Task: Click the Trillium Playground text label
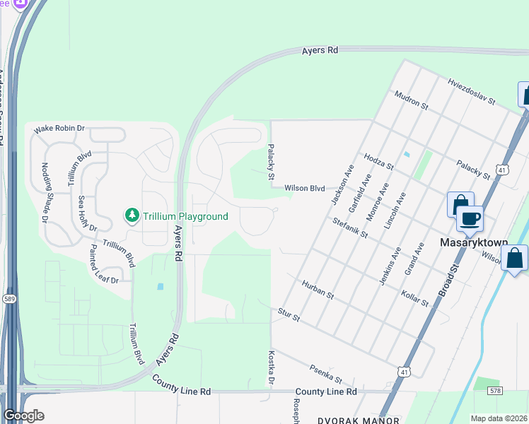185,216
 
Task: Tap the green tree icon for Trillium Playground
131,215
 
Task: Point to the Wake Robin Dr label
59,128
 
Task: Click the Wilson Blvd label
304,189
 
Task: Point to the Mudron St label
412,100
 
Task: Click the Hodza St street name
378,160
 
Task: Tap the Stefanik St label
351,227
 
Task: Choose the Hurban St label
317,289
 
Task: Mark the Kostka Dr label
271,369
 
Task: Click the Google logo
23,416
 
